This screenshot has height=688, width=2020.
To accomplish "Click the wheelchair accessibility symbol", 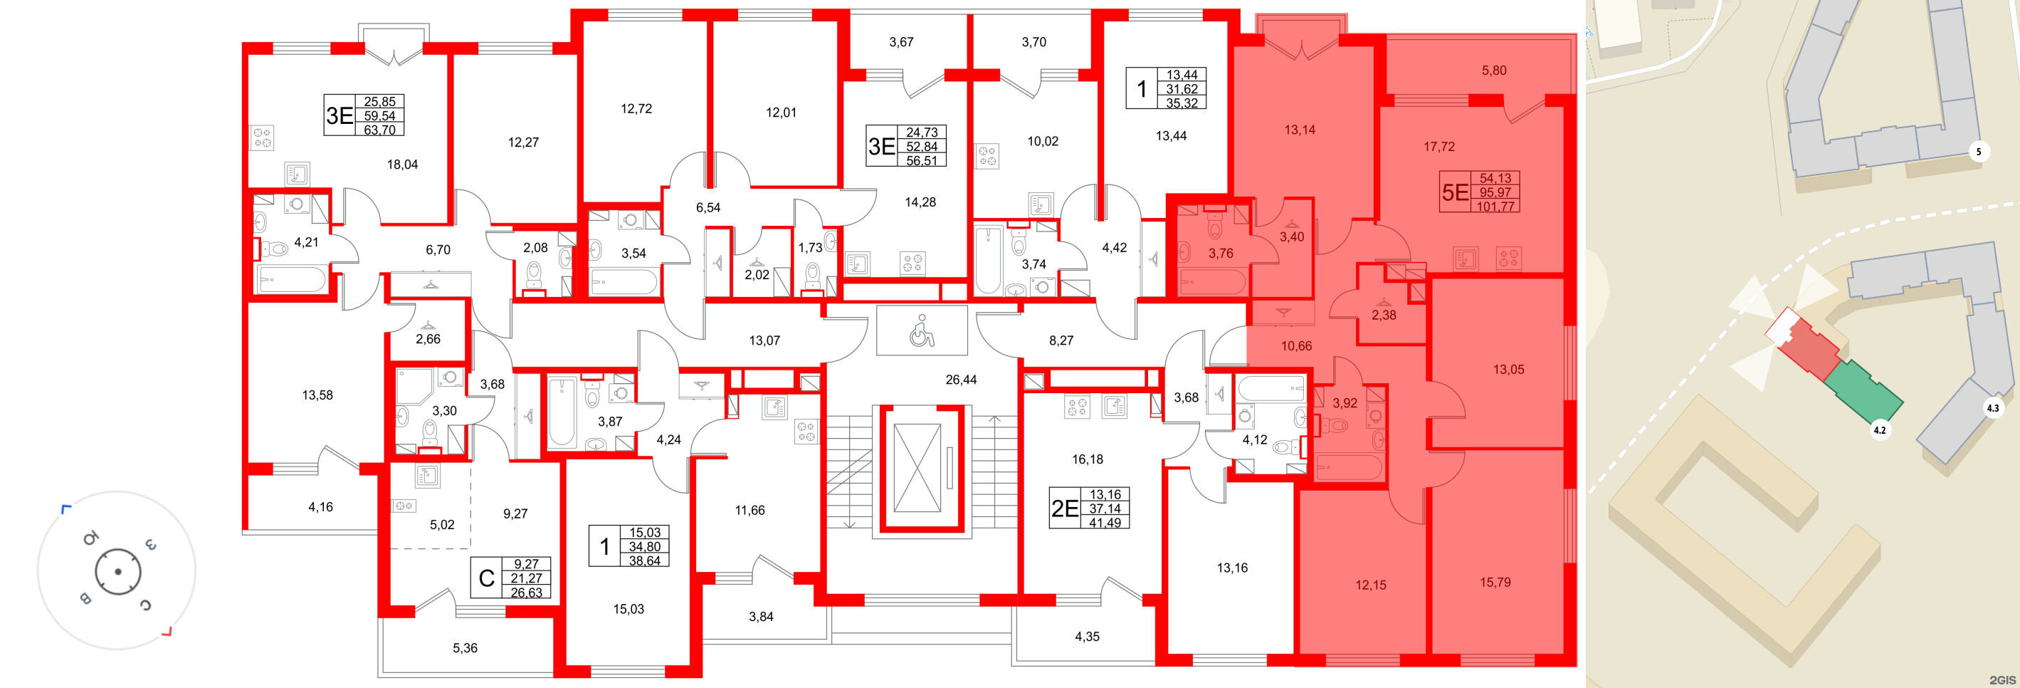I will coord(922,330).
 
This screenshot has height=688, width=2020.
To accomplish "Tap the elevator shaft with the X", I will coord(917,469).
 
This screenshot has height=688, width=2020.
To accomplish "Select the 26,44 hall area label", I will coord(961,380).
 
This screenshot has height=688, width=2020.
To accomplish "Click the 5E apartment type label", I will coord(1455,193).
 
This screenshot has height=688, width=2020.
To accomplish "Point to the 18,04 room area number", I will coord(402,165).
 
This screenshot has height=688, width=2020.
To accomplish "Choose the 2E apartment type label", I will coord(1064,509).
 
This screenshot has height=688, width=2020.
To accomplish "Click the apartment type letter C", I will coord(486,579).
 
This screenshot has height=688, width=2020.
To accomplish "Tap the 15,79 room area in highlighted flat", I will coord(1495,582).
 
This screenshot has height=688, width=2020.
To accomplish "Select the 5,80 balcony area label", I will coord(1494,71).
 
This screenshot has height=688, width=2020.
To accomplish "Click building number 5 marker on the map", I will coord(1978,152).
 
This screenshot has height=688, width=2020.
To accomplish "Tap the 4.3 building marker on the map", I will coord(1992,408).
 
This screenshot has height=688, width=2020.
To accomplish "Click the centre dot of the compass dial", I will coord(117,571).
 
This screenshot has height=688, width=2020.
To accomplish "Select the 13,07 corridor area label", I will coord(764,340).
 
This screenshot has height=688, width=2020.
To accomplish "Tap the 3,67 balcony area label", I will coord(901,42).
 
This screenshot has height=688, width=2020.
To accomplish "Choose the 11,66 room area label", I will coord(749,511).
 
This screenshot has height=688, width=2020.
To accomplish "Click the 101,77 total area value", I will coord(1495,207).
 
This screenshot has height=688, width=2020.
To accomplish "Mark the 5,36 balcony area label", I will coord(464,648).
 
